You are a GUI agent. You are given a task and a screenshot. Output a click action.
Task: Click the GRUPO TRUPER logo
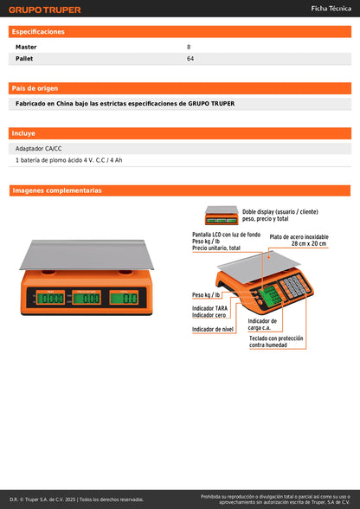[x=45, y=10]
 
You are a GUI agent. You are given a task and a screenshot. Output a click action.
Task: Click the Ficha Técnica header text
[x=331, y=8]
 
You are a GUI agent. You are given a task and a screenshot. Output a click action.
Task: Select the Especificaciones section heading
[x=38, y=31]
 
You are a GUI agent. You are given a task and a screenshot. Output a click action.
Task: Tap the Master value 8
[x=189, y=46]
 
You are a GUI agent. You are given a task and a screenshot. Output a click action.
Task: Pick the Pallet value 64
[x=190, y=59]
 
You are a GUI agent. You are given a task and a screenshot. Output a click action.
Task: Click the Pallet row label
[x=25, y=59]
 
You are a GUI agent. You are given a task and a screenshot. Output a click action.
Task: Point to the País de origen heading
[x=35, y=88]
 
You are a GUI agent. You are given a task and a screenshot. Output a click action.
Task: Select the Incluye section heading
[x=24, y=134]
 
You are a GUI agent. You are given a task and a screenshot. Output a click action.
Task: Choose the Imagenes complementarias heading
[x=57, y=190]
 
